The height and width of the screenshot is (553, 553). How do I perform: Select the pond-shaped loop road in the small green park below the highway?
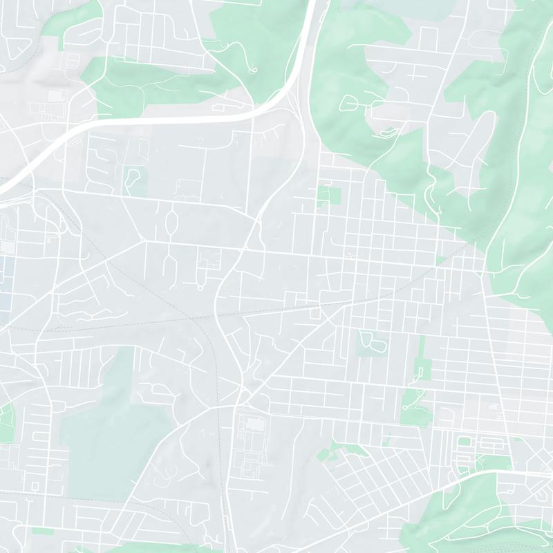[x=132, y=176]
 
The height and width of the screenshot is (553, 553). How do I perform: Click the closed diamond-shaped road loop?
[x=171, y=223]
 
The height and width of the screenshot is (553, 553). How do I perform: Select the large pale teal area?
[x=104, y=429]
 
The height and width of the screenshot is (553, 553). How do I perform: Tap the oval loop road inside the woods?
[x=348, y=104]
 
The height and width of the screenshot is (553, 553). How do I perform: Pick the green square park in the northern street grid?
[x=329, y=195]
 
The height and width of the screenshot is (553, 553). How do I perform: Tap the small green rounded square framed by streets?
[x=465, y=441]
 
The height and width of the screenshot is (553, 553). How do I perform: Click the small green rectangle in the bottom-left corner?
[x=43, y=531]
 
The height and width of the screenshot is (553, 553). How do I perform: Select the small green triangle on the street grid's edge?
[x=440, y=260]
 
